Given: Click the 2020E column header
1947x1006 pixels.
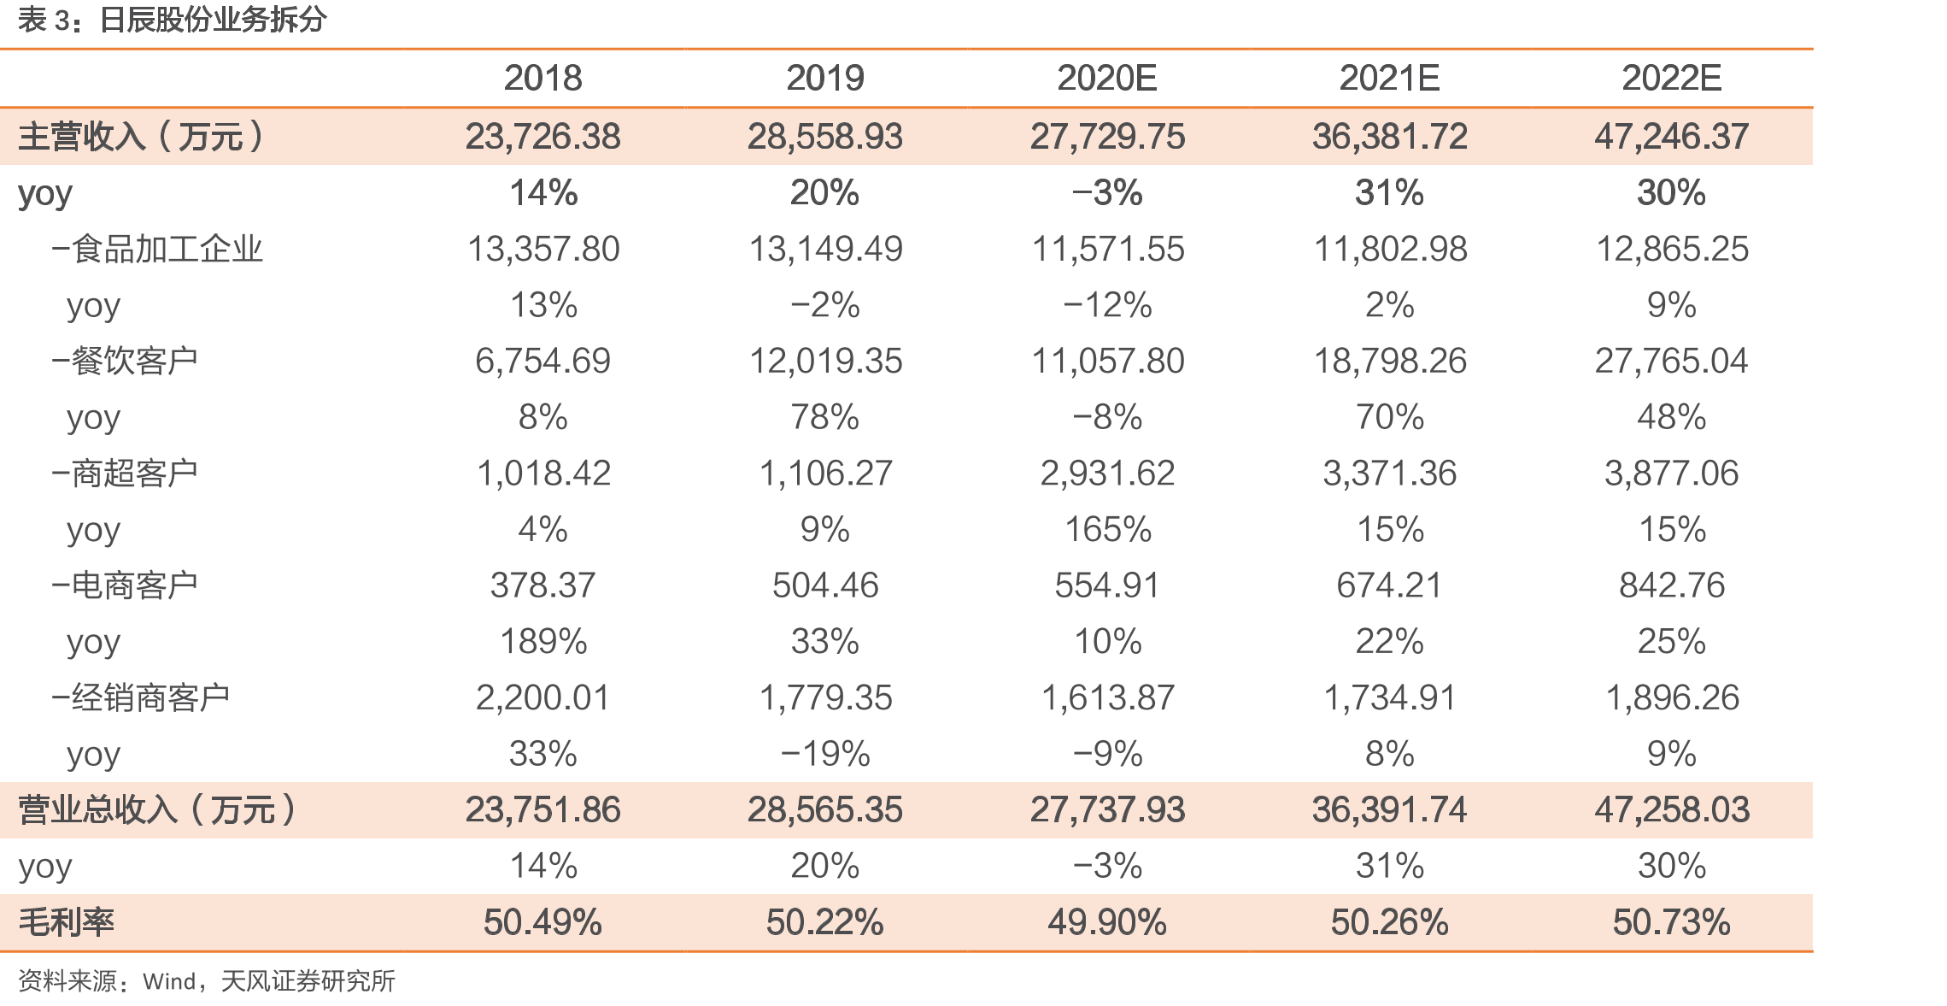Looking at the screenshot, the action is click(1107, 79).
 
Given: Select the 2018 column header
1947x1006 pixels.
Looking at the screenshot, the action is click(542, 79).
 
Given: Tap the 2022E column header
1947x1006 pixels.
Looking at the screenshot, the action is click(1671, 79).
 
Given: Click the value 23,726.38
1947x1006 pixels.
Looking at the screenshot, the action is click(542, 137).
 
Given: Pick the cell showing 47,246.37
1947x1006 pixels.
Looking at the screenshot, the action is click(1671, 137).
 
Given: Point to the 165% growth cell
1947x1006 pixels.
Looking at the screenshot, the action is click(1107, 530).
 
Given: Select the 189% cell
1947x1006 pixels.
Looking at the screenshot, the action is click(542, 642).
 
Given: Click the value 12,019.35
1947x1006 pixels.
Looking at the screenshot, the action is click(825, 362).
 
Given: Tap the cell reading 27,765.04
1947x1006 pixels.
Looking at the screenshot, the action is click(1671, 362).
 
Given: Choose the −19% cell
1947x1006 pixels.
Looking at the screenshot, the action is click(825, 755).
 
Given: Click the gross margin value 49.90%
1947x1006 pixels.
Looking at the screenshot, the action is click(1107, 923).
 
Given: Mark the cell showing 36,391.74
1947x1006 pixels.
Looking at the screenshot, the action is click(1389, 810).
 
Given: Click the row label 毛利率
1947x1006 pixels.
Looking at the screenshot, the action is click(66, 923).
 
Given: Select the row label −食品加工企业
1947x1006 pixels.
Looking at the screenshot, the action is click(157, 250).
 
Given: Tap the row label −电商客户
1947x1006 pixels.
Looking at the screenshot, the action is click(125, 585).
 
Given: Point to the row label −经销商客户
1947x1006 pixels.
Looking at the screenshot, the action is click(141, 698).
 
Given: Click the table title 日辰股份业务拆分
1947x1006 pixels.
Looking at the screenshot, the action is click(213, 20).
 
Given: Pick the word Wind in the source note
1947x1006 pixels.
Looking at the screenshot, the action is click(170, 981).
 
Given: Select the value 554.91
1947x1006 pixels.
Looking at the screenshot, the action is click(1107, 585).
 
